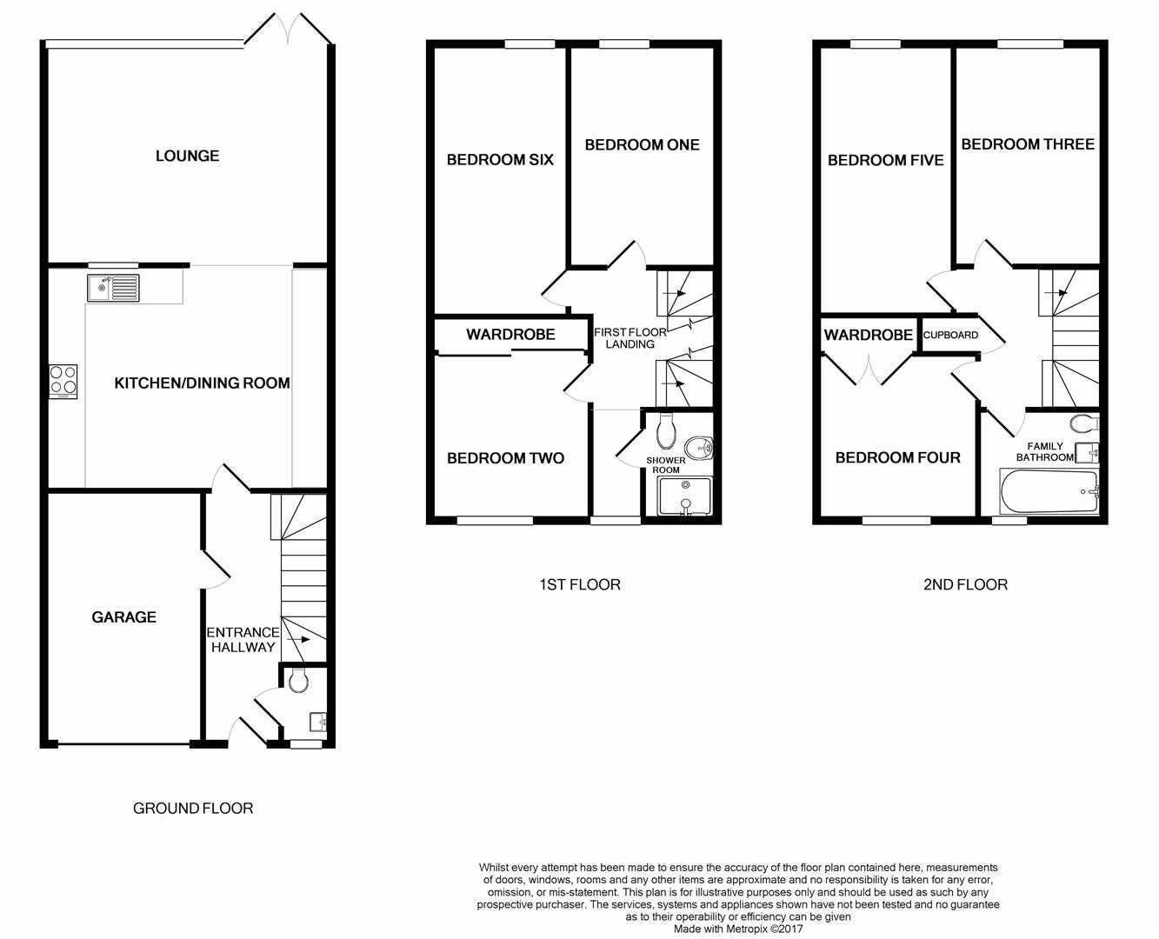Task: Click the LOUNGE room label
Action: tap(187, 156)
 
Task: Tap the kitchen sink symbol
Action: tap(112, 287)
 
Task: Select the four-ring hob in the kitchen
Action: tap(63, 381)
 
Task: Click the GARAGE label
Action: tap(124, 616)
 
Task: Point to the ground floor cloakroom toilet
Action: tap(298, 681)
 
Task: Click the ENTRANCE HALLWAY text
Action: tap(243, 639)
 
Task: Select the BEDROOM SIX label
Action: tap(500, 159)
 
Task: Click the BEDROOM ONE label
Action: tap(642, 144)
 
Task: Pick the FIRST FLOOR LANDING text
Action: tap(629, 337)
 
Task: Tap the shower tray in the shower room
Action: tap(685, 496)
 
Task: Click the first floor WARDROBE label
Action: tap(510, 334)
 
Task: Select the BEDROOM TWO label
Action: tap(505, 458)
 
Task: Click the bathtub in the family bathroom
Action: tap(1049, 492)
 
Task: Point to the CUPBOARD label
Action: tap(950, 335)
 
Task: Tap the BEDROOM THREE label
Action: tap(1027, 144)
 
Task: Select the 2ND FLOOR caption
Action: tap(965, 584)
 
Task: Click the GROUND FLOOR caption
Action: tap(193, 808)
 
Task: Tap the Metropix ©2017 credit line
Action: tap(738, 929)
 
